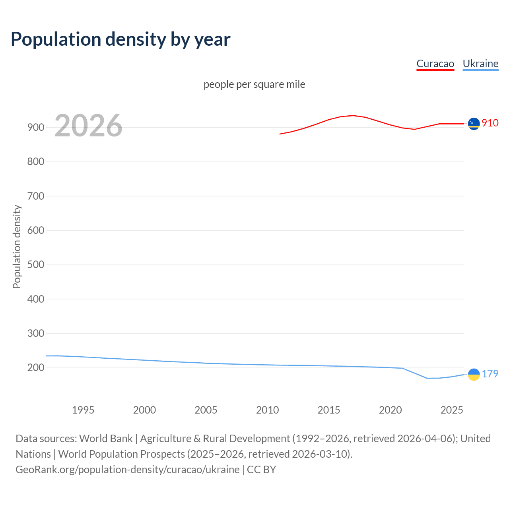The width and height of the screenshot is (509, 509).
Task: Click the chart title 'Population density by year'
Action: pyautogui.click(x=120, y=39)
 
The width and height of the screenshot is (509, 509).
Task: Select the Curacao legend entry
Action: pyautogui.click(x=435, y=64)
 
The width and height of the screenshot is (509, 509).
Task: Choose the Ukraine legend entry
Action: pyautogui.click(x=480, y=64)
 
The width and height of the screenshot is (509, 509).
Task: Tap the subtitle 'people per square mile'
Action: pyautogui.click(x=254, y=85)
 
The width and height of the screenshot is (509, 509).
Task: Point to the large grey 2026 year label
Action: pyautogui.click(x=88, y=126)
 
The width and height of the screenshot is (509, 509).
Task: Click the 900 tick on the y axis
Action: pyautogui.click(x=35, y=128)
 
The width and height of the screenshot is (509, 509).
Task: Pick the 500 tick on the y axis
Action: pyautogui.click(x=35, y=265)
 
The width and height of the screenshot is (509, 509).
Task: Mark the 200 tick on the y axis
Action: pyautogui.click(x=35, y=368)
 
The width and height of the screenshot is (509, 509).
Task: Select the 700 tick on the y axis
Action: pyautogui.click(x=35, y=196)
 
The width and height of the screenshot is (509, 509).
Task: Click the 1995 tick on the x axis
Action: pyautogui.click(x=83, y=410)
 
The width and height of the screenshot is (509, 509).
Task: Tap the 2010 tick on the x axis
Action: pyautogui.click(x=267, y=410)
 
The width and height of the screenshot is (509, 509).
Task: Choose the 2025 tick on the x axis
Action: pyautogui.click(x=452, y=410)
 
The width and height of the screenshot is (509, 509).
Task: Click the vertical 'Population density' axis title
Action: pyautogui.click(x=17, y=247)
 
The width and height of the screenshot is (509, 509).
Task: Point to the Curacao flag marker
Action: pyautogui.click(x=474, y=124)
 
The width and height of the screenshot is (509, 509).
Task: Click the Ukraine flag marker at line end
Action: pyautogui.click(x=474, y=375)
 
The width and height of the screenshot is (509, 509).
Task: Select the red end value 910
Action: pyautogui.click(x=490, y=123)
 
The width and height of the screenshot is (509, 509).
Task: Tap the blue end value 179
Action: pyautogui.click(x=490, y=374)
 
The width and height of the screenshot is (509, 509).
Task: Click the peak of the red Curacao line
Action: pyautogui.click(x=353, y=115)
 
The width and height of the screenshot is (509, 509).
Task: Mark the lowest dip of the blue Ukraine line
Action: pyautogui.click(x=427, y=378)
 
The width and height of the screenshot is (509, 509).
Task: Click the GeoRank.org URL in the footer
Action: pyautogui.click(x=127, y=470)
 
